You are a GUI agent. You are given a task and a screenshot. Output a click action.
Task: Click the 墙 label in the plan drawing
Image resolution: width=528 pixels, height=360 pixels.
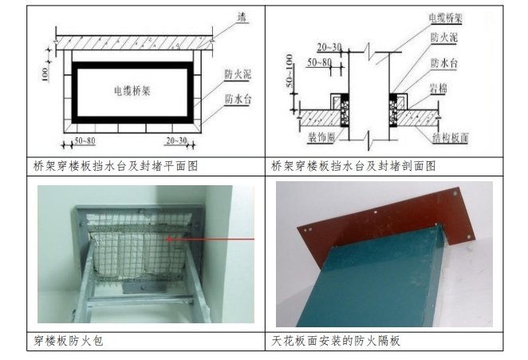[x=241, y=16]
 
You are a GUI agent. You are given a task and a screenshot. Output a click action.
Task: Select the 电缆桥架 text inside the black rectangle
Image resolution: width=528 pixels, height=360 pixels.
[x=132, y=90]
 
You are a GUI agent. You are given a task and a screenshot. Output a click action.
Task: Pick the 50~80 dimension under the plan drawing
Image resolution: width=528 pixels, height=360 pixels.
[x=85, y=140]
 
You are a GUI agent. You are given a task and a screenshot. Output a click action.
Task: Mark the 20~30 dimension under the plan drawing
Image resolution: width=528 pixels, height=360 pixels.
[x=176, y=140]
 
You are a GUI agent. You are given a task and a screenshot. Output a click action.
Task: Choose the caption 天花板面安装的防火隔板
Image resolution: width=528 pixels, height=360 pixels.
[x=335, y=341]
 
